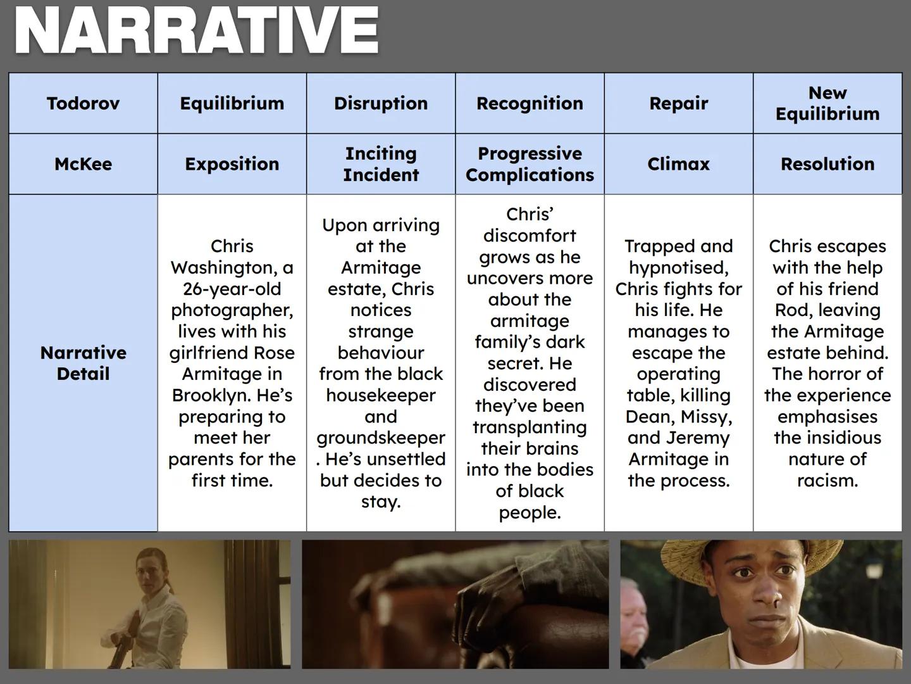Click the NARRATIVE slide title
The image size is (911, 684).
click(x=196, y=30)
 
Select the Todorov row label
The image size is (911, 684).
click(x=83, y=103)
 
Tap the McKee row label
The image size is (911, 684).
click(x=83, y=164)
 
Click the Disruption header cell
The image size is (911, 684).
click(x=381, y=103)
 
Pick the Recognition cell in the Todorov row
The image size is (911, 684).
click(x=530, y=103)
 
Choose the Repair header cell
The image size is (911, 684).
click(x=679, y=103)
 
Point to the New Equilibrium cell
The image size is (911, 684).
click(x=827, y=103)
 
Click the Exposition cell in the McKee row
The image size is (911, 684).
click(x=232, y=164)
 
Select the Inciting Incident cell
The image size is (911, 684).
click(x=381, y=164)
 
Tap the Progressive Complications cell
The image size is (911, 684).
click(x=530, y=164)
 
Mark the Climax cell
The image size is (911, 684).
click(x=679, y=164)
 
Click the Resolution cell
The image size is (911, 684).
click(x=827, y=164)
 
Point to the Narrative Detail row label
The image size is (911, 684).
click(x=83, y=363)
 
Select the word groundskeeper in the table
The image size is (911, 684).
click(x=381, y=438)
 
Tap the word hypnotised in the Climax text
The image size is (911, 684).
click(x=679, y=268)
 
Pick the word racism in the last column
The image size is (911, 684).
click(x=827, y=481)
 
